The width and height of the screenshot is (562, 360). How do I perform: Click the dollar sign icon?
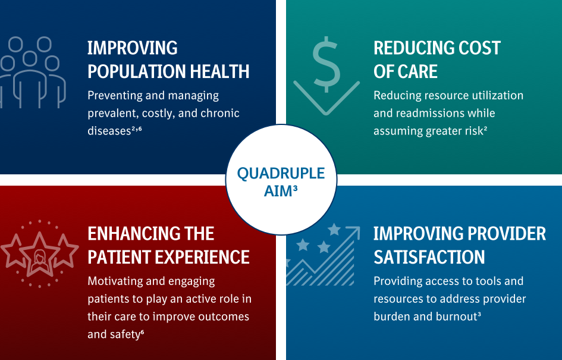[x=326, y=65]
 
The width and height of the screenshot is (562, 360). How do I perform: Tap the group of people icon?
[x=32, y=71]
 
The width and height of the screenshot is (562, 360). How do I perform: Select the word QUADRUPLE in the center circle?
[x=281, y=173]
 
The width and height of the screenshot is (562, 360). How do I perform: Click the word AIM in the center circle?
[x=277, y=190]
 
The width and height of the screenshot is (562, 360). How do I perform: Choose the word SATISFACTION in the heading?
[x=429, y=257]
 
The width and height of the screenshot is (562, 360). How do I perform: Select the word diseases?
[x=106, y=131]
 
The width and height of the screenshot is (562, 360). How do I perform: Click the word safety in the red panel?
[x=124, y=334]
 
